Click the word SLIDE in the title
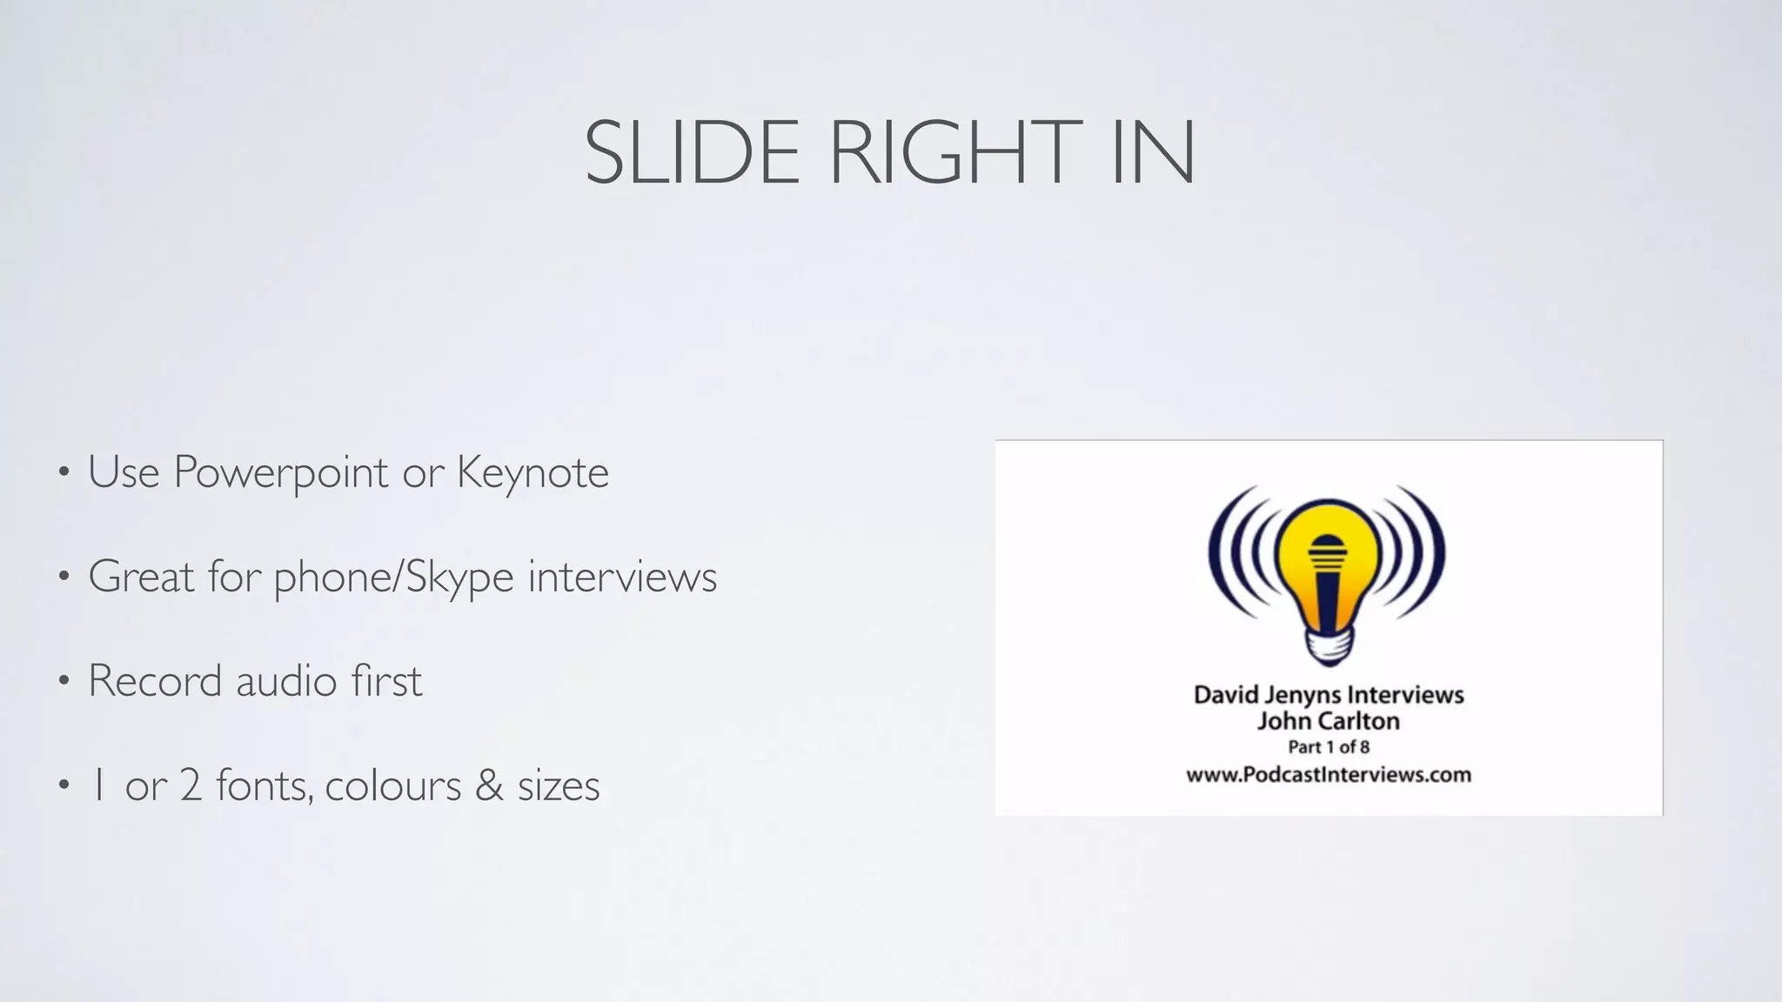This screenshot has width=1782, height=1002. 692,153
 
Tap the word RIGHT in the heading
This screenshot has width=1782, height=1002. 954,153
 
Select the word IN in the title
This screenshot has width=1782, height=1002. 1154,153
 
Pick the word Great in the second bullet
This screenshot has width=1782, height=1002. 141,577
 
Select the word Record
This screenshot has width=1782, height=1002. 155,681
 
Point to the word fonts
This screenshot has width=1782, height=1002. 263,785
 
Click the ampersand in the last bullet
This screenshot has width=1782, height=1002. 490,785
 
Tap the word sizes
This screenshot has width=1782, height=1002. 559,785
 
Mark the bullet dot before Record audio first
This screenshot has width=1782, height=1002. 64,682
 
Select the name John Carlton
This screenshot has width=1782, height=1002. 1328,721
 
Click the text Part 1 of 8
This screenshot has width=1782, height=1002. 1329,747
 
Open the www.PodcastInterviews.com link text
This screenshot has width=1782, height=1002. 1328,775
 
